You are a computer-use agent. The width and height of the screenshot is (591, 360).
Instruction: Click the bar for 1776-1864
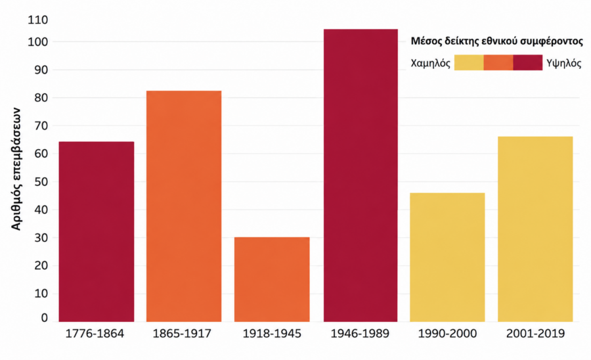[x=97, y=231]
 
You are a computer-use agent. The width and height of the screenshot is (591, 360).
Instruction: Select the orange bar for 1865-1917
[x=184, y=206]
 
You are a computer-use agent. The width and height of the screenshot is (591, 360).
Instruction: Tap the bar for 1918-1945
[x=272, y=279]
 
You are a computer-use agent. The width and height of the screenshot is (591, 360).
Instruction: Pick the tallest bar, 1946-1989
[x=361, y=175]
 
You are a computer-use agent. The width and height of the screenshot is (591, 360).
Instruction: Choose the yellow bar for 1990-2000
[x=447, y=257]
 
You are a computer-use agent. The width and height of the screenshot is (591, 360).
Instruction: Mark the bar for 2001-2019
[x=535, y=229]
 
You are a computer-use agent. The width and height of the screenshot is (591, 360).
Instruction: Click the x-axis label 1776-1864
[x=95, y=334]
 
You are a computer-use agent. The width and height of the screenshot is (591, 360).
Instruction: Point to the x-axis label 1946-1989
[x=360, y=334]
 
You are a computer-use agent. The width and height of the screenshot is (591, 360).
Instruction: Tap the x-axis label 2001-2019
[x=536, y=334]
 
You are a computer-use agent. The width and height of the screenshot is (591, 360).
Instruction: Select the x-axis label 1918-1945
[x=272, y=334]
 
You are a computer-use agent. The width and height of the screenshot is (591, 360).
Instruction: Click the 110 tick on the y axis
[x=38, y=20]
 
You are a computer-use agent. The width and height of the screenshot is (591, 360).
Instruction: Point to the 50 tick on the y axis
[x=41, y=182]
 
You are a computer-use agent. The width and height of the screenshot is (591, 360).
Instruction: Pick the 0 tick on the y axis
[x=45, y=318]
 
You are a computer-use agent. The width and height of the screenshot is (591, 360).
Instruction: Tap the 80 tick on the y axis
[x=41, y=98]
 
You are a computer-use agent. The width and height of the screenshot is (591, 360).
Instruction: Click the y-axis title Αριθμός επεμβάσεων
[x=16, y=169]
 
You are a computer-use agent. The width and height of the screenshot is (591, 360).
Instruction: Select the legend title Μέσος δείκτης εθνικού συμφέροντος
[x=497, y=41]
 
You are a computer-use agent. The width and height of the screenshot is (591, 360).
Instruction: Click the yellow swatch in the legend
[x=469, y=62]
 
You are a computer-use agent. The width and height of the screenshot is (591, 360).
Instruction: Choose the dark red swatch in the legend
[x=528, y=62]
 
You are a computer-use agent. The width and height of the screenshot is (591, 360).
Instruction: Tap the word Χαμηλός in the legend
[x=430, y=63]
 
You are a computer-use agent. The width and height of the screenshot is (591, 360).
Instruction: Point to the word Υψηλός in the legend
[x=564, y=63]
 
